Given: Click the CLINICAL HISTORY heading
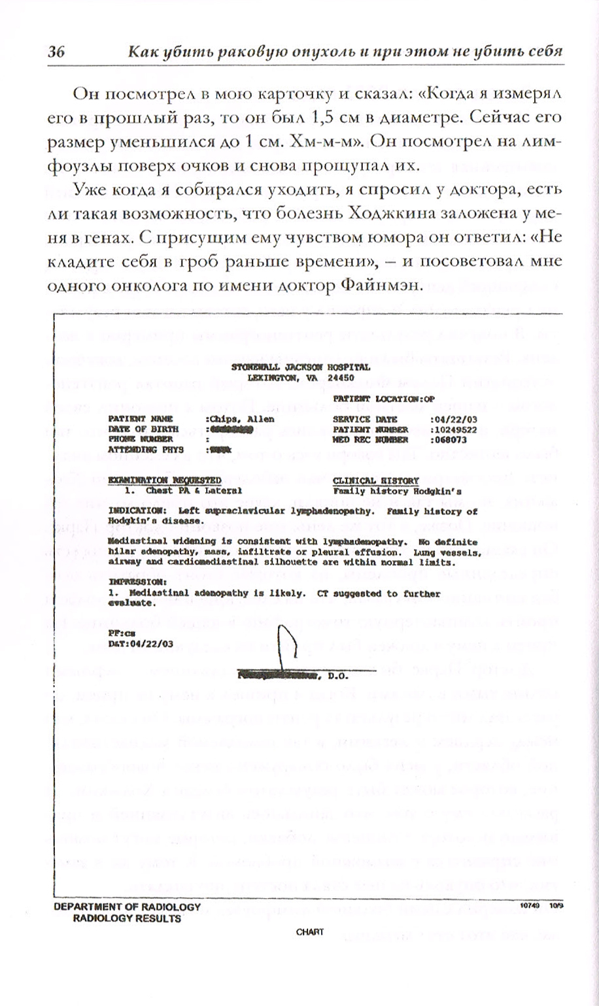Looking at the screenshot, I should (x=375, y=480).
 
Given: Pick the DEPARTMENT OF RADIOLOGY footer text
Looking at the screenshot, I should (x=127, y=907).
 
